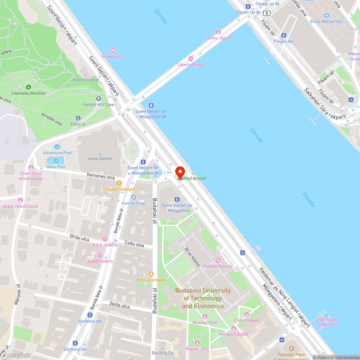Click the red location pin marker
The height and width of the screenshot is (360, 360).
tap(180, 172)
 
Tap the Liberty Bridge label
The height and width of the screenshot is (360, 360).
tap(191, 65)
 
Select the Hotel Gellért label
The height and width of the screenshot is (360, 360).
tap(100, 159)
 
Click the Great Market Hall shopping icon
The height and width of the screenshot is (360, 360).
tap(326, 15)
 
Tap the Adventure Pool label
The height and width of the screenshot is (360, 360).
tap(57, 153)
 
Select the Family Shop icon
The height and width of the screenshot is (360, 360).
tap(133, 197)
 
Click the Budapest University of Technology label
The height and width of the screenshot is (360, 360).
tap(203, 298)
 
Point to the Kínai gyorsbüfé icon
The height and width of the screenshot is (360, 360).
tap(151, 274)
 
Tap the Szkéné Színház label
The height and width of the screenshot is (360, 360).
tap(218, 266)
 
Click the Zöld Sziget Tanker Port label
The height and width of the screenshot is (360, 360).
tap(327, 322)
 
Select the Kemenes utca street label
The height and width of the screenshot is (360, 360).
tap(101, 176)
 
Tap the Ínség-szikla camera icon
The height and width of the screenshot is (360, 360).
tap(113, 50)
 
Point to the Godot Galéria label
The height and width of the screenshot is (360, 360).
tap(100, 261)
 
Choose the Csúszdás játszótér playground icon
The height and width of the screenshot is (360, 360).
tap(28, 87)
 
